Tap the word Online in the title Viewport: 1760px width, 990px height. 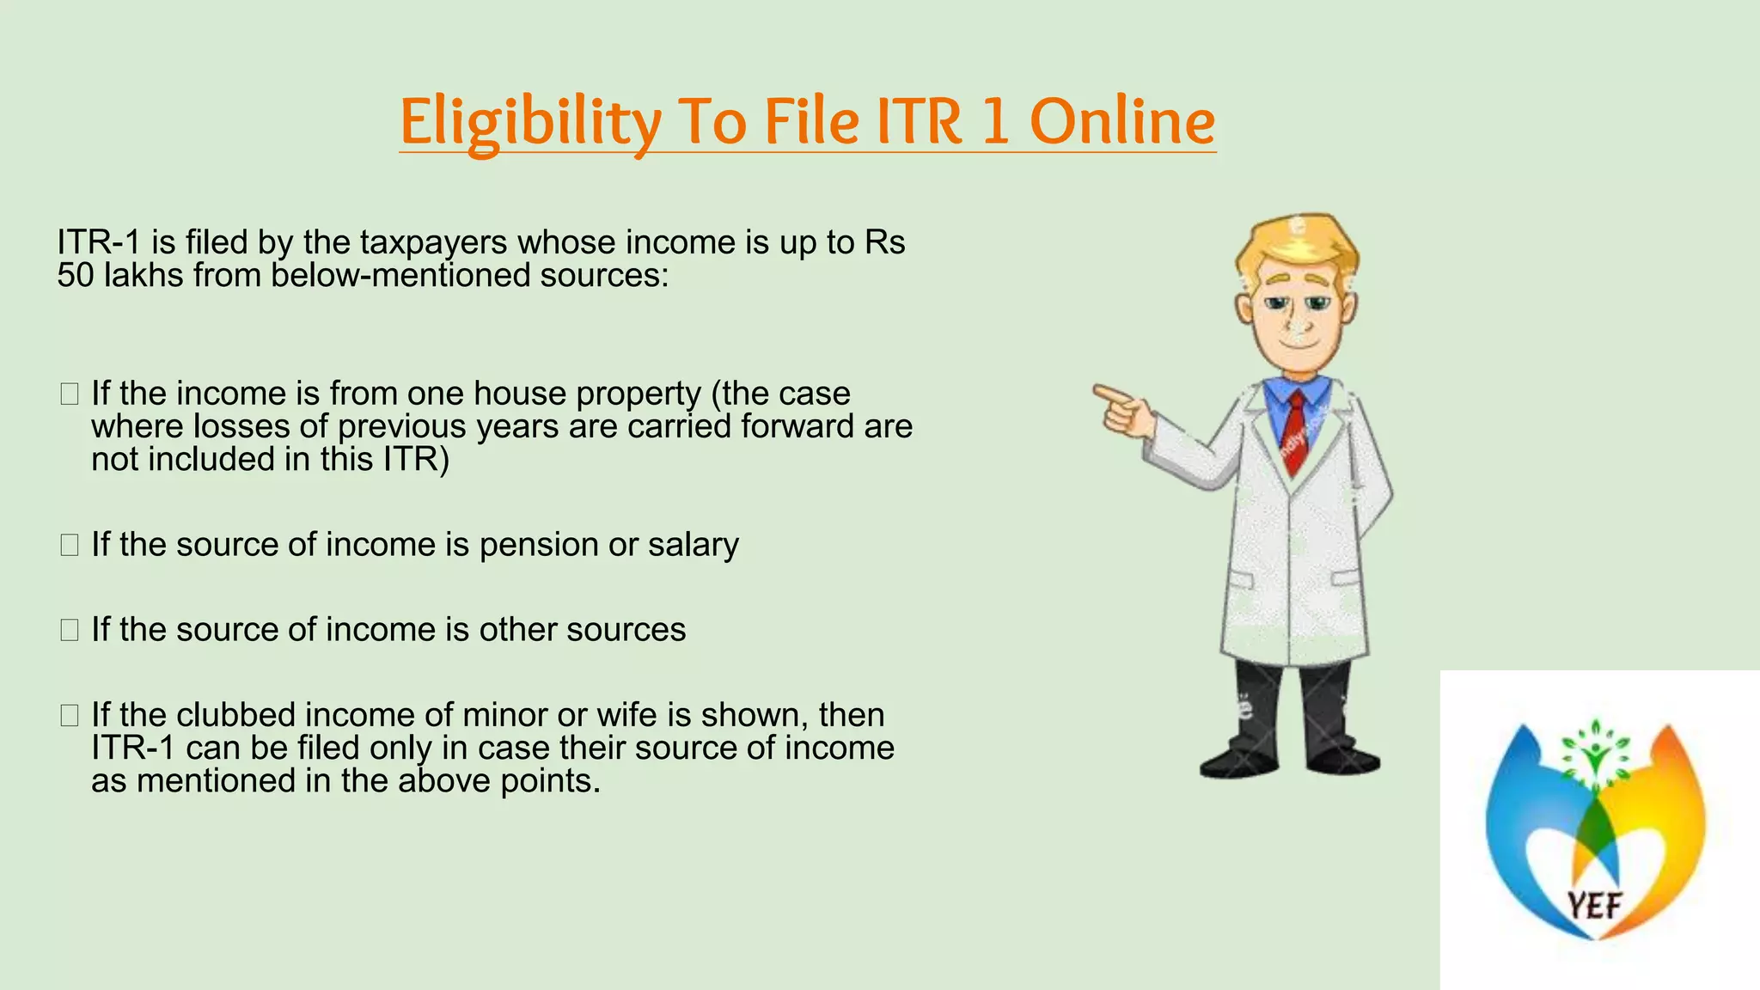tap(1122, 122)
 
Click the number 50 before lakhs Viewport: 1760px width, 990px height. tap(75, 276)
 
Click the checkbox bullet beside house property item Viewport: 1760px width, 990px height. tap(70, 394)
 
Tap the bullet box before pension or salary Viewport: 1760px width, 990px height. tap(70, 545)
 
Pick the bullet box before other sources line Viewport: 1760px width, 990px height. tap(70, 630)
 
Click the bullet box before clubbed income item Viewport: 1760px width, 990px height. tap(70, 715)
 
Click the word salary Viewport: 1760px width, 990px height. tap(693, 546)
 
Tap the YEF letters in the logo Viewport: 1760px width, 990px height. tap(1594, 905)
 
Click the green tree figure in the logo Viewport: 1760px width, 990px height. tap(1595, 756)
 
